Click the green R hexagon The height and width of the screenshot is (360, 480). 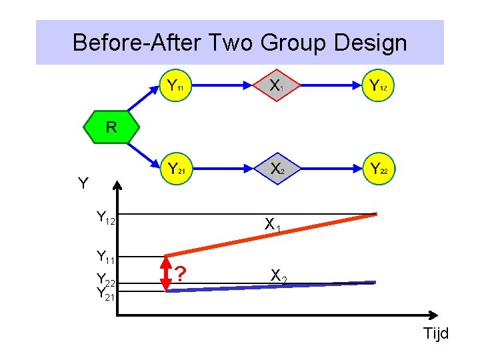(111, 127)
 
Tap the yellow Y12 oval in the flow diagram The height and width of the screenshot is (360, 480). (379, 85)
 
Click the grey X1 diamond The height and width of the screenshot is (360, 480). (275, 85)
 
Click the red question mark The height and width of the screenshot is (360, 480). (181, 273)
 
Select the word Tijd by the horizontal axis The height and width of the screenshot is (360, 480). (435, 333)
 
